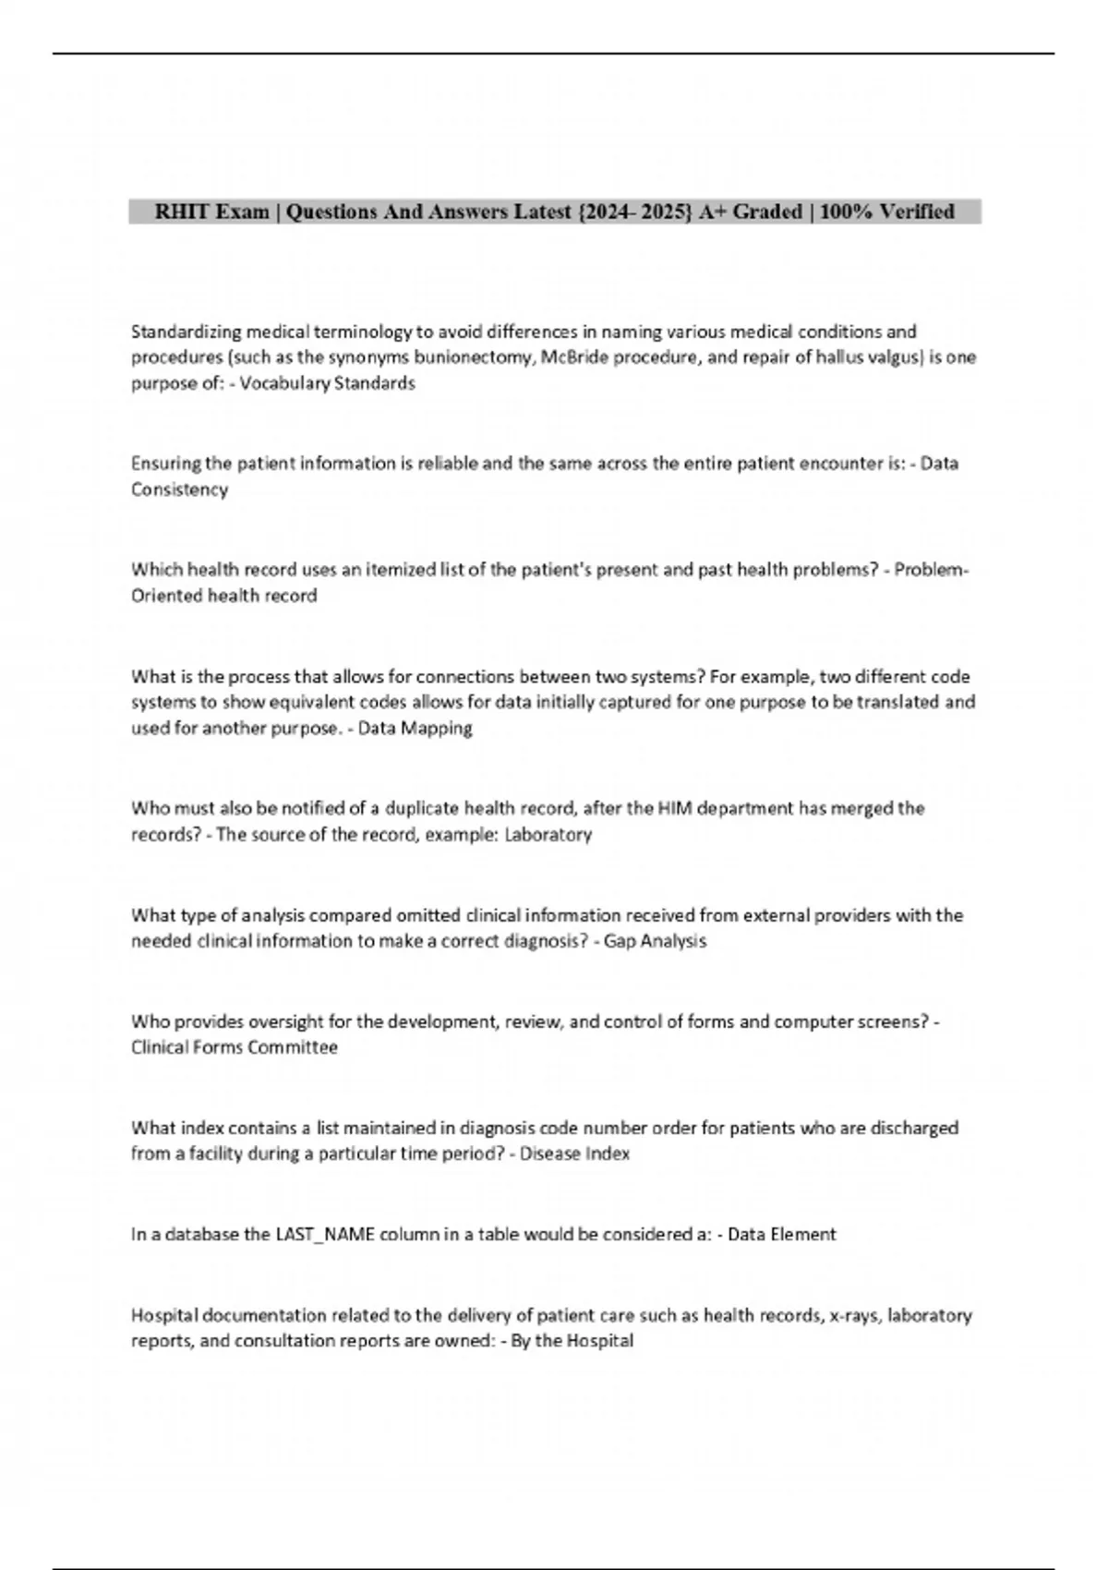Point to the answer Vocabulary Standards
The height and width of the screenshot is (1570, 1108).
[x=327, y=383]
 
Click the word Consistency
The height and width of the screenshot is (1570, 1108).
[x=179, y=489]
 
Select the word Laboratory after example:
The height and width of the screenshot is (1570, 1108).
[x=548, y=835]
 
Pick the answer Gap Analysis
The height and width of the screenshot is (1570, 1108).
[x=655, y=941]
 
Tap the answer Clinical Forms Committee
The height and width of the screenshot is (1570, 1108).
[x=235, y=1047]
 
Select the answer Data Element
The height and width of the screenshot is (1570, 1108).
[x=782, y=1235]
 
